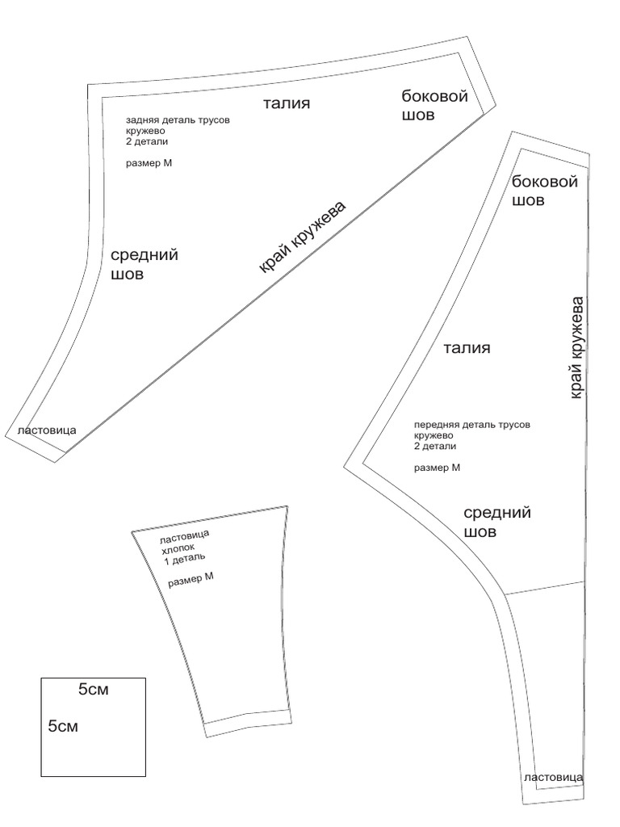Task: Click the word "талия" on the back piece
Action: coord(287,103)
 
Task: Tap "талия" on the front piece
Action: coord(467,348)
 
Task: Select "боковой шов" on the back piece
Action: coord(435,106)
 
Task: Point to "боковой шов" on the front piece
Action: coord(545,191)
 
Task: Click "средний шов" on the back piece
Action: coord(144,264)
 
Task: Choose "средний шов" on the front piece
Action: coord(497,522)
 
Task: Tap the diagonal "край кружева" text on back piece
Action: coord(303,237)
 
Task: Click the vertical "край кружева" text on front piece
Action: coord(576,347)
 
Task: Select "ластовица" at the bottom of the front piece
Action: coord(553,778)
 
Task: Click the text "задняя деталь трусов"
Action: coord(178,120)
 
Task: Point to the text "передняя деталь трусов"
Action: coord(472,424)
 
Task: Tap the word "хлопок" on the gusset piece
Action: coord(179,546)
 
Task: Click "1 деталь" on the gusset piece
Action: coord(185,557)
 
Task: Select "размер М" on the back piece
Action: coord(150,162)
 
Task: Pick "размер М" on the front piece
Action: coord(437,467)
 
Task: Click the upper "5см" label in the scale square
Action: coord(93,691)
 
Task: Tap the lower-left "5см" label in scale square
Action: coord(63,726)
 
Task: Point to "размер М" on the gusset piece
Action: coord(191,579)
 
